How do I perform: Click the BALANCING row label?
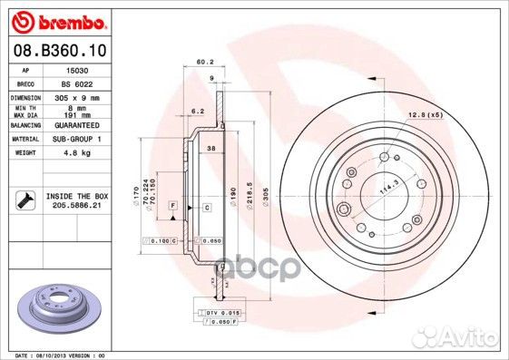point(26,126)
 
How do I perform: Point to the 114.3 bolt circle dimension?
point(379,188)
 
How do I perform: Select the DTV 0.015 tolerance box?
point(221,313)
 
